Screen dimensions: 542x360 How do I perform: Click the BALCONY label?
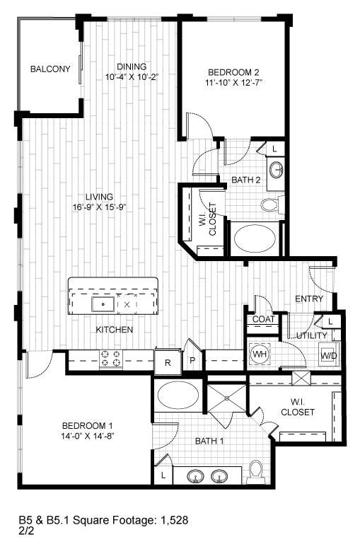pos(50,69)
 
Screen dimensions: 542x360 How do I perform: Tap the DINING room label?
pos(132,67)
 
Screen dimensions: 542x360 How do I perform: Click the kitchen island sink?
pos(103,304)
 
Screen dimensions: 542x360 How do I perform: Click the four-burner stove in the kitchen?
pos(110,359)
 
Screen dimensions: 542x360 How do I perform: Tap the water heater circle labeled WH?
pos(259,353)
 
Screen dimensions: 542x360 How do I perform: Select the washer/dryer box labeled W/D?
pos(329,355)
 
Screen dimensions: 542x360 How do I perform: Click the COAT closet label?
pos(263,319)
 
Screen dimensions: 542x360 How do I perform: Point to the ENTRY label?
pos(309,299)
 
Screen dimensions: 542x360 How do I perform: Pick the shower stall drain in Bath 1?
pos(228,398)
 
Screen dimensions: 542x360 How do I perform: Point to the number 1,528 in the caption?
pos(175,521)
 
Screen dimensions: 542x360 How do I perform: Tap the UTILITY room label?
pos(312,335)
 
